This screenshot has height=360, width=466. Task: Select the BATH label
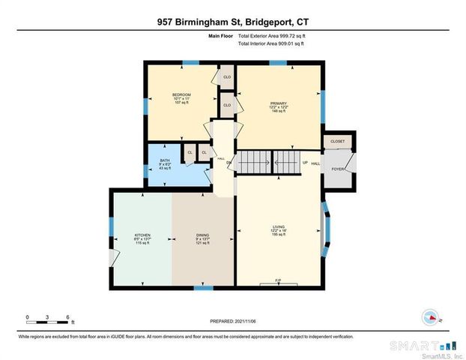[165, 160]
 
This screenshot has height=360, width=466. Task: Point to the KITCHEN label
[142, 235]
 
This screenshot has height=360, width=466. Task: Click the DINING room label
[202, 235]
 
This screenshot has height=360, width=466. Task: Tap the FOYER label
[339, 169]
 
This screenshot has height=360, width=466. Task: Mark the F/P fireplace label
[277, 280]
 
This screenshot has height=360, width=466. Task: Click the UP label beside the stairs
[304, 163]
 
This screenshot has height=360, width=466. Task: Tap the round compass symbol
[430, 317]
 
